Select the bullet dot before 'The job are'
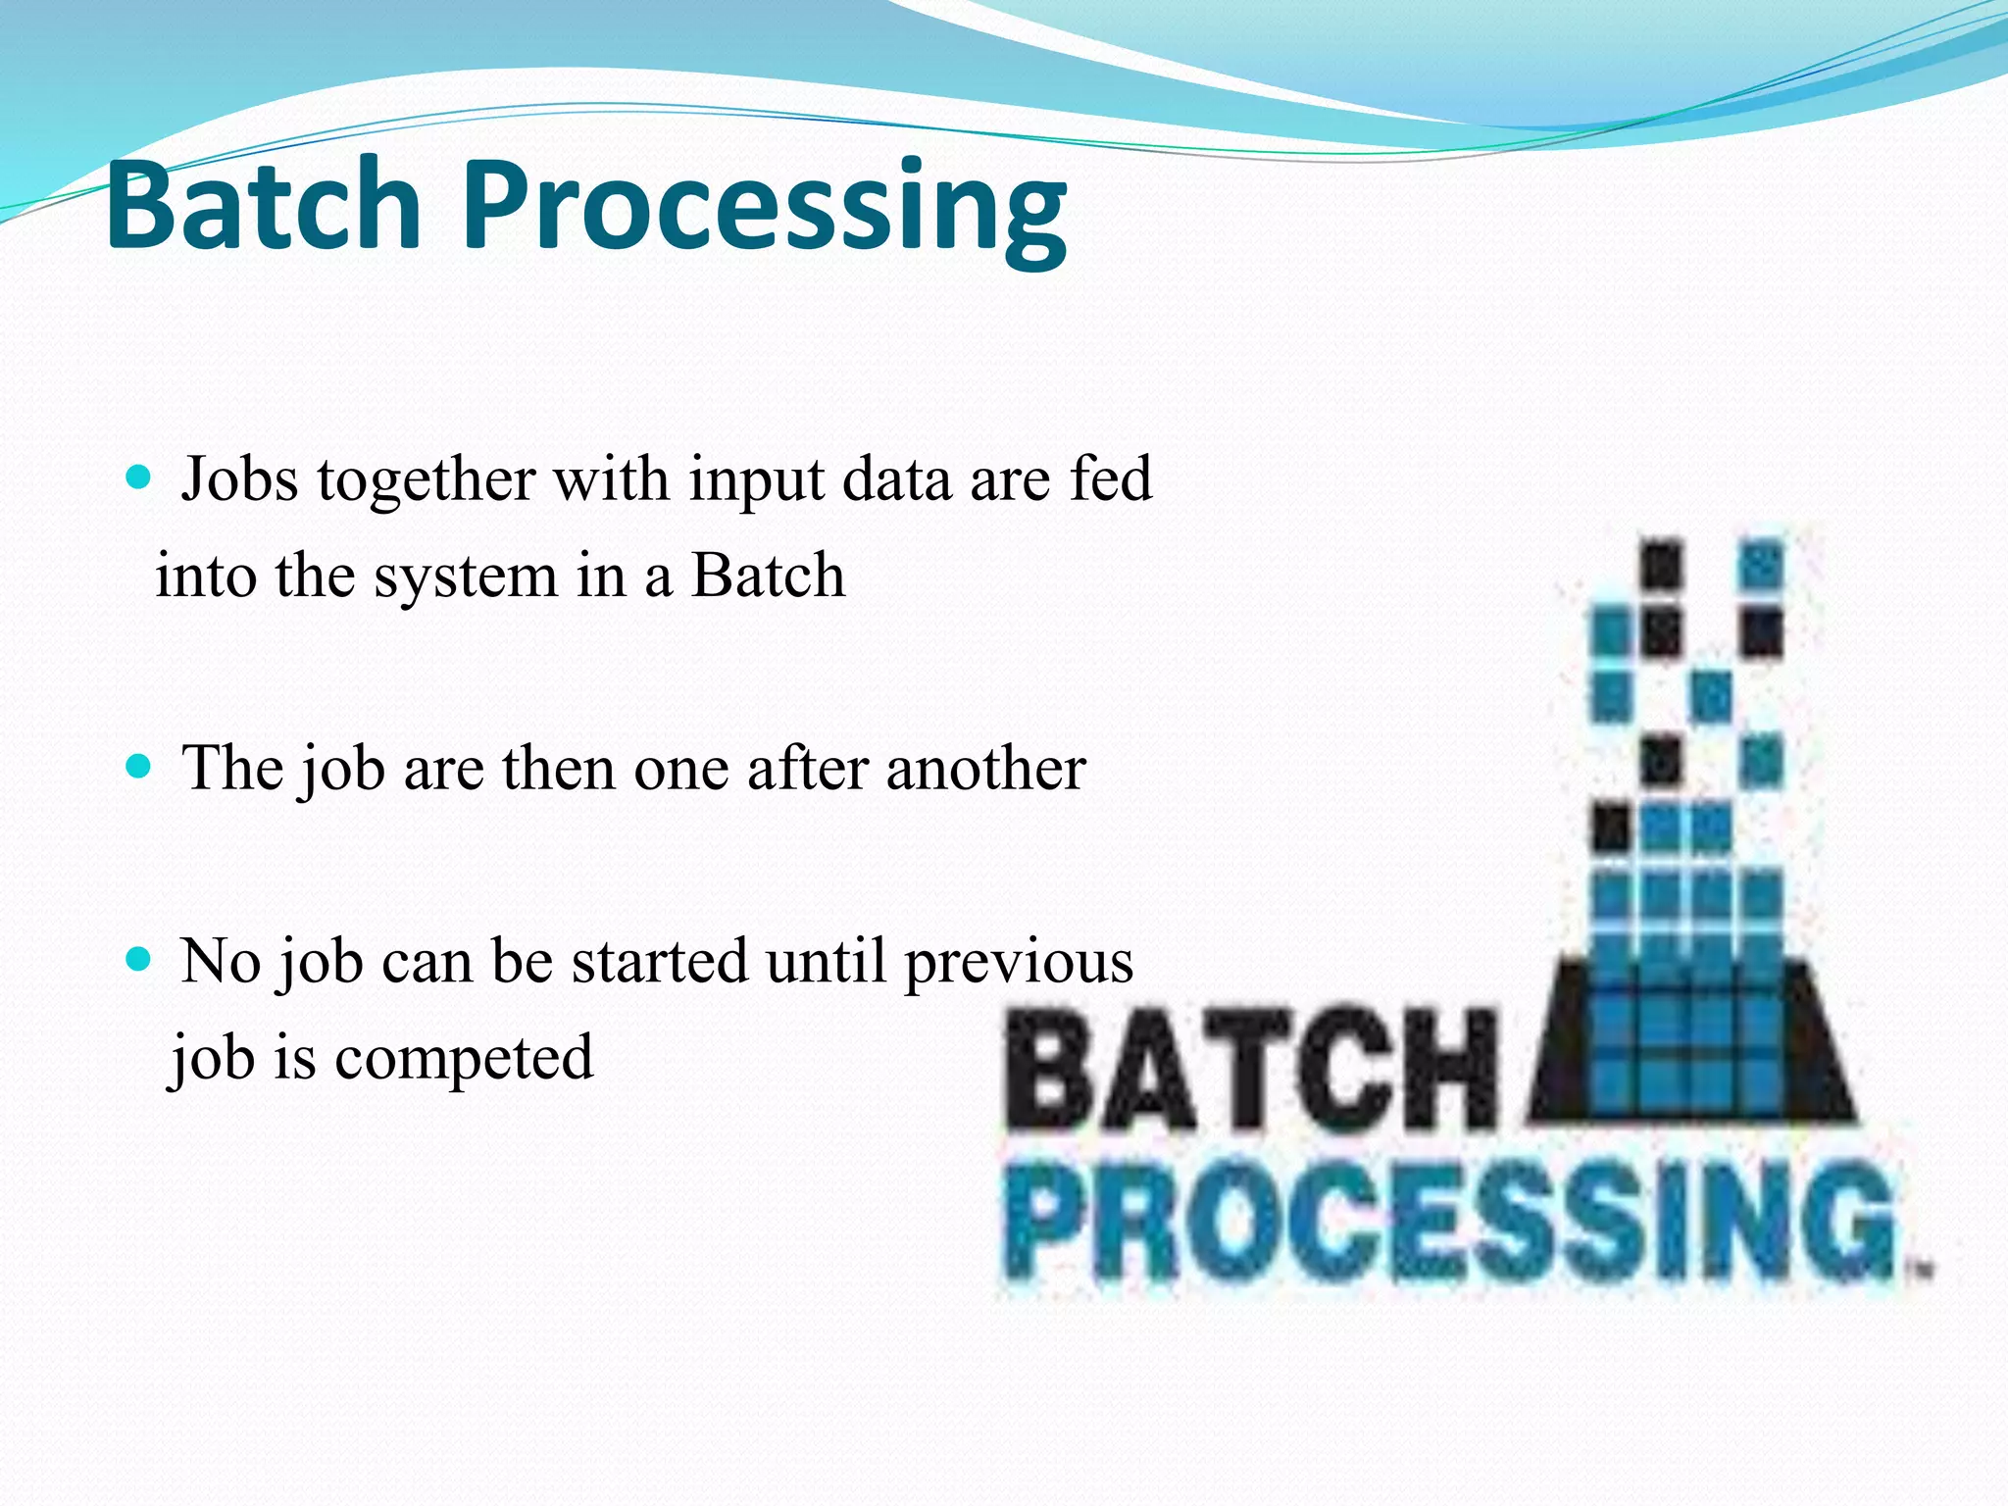tap(139, 766)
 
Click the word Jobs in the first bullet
tap(239, 479)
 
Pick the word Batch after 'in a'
tap(768, 576)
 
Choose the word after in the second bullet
tap(806, 768)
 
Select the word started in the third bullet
tap(658, 961)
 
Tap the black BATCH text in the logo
tap(1250, 1074)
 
